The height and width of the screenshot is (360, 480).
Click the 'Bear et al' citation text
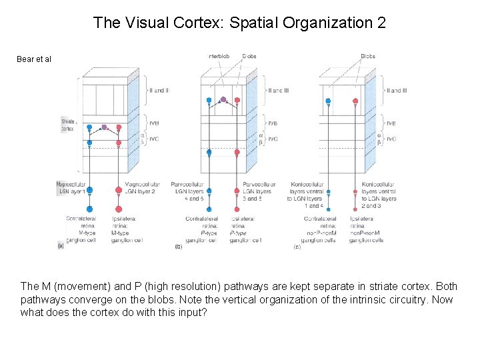point(34,59)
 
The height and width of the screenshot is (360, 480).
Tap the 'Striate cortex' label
point(67,125)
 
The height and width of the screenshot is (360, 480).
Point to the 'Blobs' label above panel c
point(367,57)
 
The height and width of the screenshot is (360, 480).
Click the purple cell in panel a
point(104,127)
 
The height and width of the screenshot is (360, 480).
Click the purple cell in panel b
point(223,100)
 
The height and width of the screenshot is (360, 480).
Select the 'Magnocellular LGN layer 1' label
point(71,187)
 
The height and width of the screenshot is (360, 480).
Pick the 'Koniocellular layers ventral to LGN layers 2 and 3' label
point(379,195)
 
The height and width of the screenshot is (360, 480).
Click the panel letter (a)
point(61,246)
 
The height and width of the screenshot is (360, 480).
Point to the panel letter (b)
point(178,247)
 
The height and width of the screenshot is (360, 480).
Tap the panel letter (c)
point(297,247)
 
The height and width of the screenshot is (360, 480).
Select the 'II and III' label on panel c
point(395,91)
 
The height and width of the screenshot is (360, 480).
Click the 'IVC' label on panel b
point(272,139)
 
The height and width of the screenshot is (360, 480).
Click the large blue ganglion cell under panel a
point(90,189)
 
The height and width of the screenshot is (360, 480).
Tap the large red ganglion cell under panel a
point(119,190)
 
